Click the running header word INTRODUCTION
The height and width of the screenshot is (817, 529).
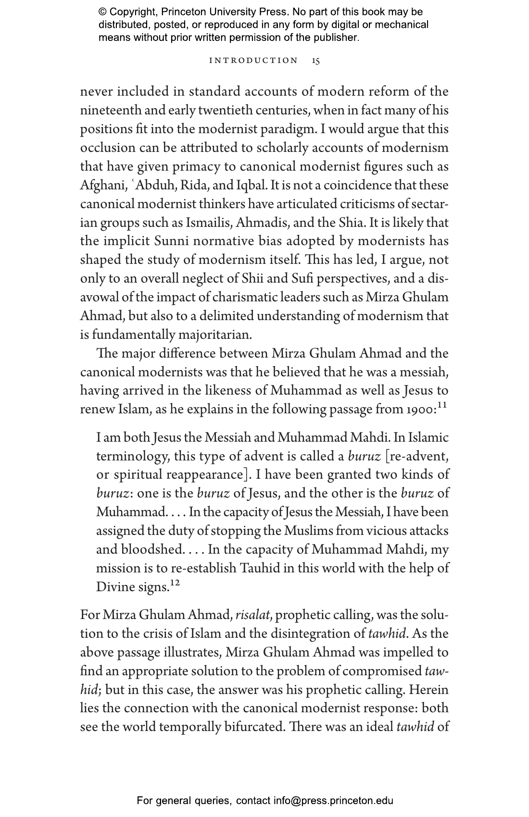[x=253, y=61]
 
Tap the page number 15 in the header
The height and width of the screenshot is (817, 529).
[x=316, y=61]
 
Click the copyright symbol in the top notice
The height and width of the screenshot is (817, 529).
[x=102, y=12]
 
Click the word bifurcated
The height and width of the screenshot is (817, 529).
[x=254, y=727]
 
